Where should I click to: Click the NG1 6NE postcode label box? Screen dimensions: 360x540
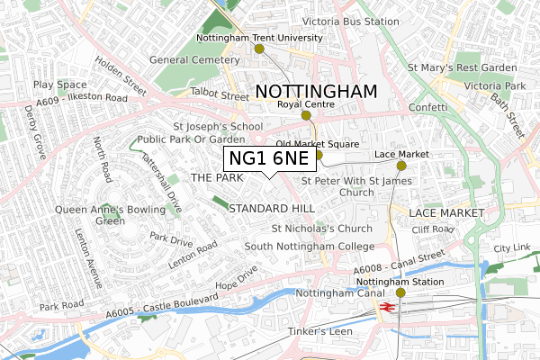coord(270,159)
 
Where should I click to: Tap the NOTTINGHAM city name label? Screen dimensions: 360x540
coord(315,91)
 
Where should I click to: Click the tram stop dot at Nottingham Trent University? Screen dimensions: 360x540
coord(260,49)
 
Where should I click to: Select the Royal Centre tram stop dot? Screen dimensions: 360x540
coord(306,115)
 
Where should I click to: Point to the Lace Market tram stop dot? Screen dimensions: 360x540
coord(401,166)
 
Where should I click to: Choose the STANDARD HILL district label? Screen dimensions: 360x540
coord(272,208)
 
